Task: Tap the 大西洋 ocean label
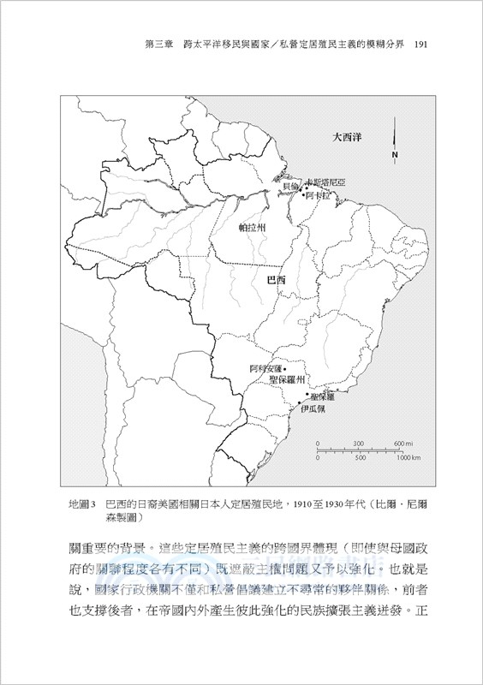click(349, 135)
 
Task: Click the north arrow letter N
click(394, 155)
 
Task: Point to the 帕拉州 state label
click(253, 229)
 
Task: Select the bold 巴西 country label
click(277, 279)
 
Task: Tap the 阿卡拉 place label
click(317, 194)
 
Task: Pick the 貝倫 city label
click(290, 186)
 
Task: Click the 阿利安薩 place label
click(265, 369)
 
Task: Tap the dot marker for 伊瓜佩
click(299, 401)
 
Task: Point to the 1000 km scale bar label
click(408, 458)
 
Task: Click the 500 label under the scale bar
click(360, 458)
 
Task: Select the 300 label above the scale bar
click(358, 443)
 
